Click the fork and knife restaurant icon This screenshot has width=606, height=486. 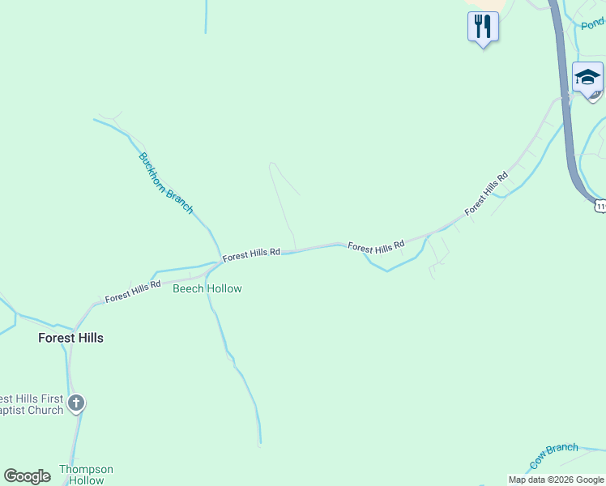tap(483, 27)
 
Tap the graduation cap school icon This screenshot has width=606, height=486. tap(587, 78)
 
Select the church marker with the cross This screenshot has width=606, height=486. tap(76, 403)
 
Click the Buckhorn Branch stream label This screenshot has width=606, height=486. tap(166, 183)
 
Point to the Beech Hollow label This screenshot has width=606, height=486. tap(207, 288)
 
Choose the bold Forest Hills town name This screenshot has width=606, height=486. tap(70, 338)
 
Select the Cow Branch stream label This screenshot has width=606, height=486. tap(554, 456)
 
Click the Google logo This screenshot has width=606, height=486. tap(27, 476)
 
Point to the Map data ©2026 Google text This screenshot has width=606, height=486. tap(556, 480)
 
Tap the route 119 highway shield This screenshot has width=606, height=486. tap(600, 207)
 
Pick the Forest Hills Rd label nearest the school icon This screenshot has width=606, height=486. tap(486, 194)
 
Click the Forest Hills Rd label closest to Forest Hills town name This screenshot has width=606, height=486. tap(133, 291)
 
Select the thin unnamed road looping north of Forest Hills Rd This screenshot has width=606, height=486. tap(283, 202)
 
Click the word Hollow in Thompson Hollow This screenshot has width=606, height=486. tap(86, 480)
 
